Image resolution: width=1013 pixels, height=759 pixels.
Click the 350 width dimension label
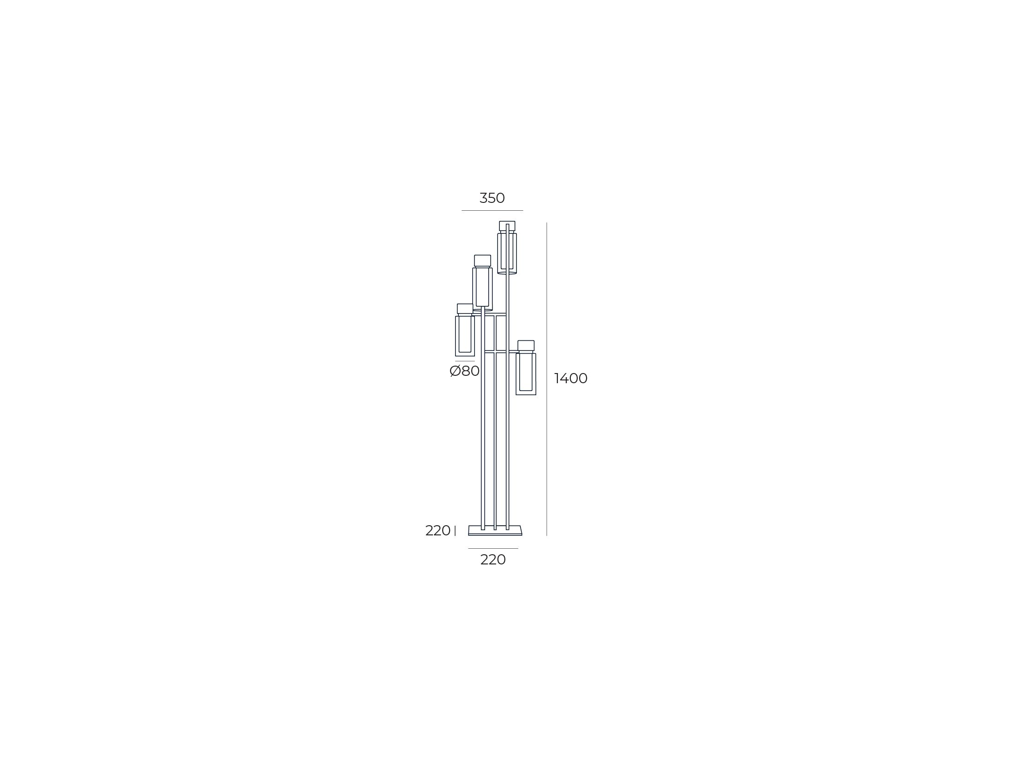click(x=492, y=198)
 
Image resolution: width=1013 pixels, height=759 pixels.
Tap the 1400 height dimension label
click(x=571, y=379)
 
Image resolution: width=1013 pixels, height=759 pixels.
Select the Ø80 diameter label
click(x=465, y=371)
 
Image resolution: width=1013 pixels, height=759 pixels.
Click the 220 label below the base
click(x=493, y=560)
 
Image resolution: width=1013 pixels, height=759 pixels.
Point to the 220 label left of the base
click(x=438, y=531)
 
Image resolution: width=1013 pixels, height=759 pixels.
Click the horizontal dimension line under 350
click(x=492, y=210)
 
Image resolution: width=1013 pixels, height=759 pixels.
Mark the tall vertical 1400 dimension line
click(x=547, y=379)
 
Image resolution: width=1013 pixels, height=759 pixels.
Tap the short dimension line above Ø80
click(x=465, y=361)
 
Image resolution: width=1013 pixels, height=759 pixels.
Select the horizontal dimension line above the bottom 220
click(x=493, y=548)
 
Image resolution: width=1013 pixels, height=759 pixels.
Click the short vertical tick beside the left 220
click(x=455, y=531)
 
